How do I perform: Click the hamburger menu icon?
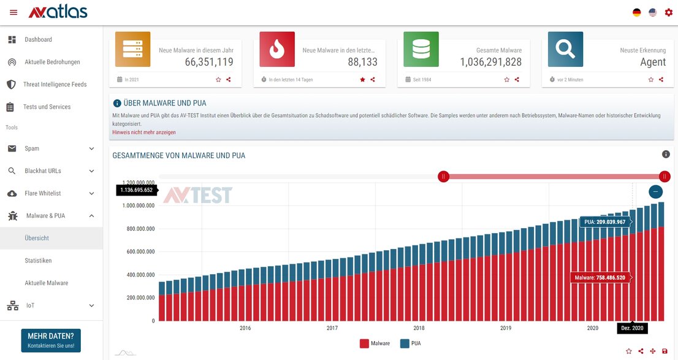(x=13, y=12)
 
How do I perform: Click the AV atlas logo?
(x=58, y=12)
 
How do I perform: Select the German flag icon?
(x=637, y=12)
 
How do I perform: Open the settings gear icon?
(x=668, y=12)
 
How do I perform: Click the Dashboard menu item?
(x=38, y=40)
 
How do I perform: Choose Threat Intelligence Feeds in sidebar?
(x=55, y=85)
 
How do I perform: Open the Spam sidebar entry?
(x=32, y=148)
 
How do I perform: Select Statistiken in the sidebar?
(x=38, y=261)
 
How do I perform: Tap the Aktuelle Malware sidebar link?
(x=47, y=283)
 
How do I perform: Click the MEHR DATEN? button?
(x=51, y=340)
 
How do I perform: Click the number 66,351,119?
(x=209, y=62)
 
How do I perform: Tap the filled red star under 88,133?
(x=362, y=80)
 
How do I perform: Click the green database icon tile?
(x=421, y=50)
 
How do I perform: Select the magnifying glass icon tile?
(x=565, y=50)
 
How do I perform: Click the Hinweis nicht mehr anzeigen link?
(x=144, y=132)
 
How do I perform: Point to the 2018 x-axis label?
(x=419, y=328)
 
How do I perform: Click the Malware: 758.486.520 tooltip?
(x=600, y=278)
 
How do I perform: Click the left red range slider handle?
(x=444, y=177)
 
